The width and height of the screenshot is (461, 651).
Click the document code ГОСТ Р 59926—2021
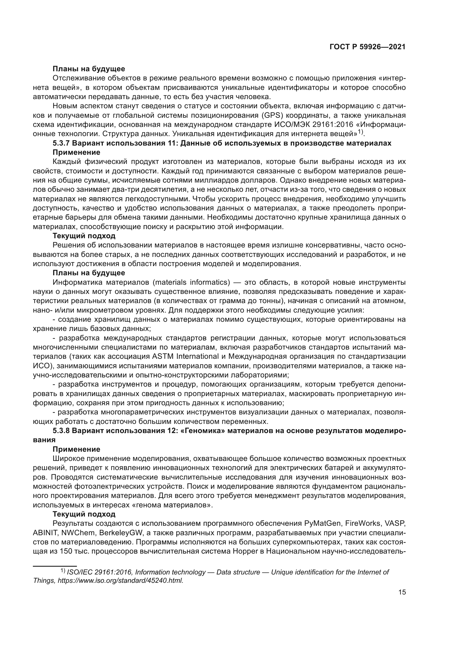click(x=367, y=47)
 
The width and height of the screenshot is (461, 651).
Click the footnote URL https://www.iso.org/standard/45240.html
click(x=120, y=580)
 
